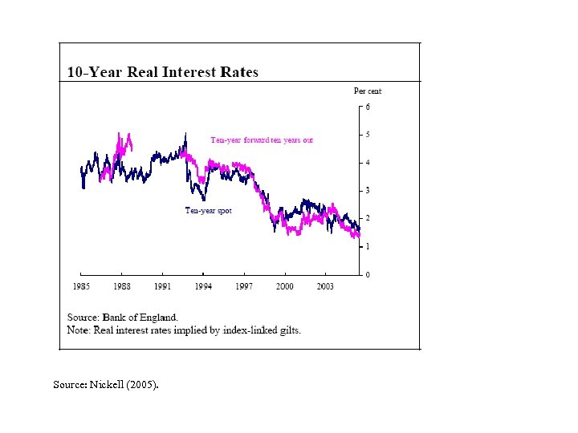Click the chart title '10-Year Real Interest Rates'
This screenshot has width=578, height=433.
[162, 72]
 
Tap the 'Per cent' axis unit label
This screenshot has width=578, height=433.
[368, 91]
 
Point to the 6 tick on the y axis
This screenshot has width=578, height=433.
[368, 107]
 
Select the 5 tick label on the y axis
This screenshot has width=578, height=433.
[368, 135]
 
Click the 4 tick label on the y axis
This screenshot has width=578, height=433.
[368, 163]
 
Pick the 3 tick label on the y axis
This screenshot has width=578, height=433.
[368, 191]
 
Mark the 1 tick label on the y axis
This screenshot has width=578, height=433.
[368, 247]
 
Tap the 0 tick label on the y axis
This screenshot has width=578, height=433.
[368, 275]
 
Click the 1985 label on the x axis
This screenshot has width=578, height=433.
[82, 285]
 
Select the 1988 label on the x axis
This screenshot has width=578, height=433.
[122, 285]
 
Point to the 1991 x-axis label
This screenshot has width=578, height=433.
[163, 285]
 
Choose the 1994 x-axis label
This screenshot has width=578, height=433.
[204, 285]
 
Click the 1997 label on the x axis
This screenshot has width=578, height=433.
[244, 285]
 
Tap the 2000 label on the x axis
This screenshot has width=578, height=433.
[285, 285]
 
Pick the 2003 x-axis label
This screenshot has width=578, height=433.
[325, 285]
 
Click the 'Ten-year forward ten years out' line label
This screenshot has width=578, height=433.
[262, 140]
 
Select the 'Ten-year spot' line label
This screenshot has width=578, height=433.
[208, 211]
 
